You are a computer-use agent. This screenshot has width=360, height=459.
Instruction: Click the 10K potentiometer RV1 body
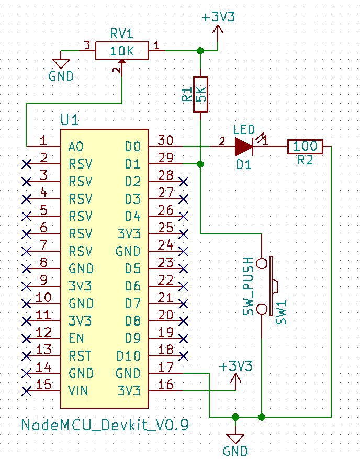122,51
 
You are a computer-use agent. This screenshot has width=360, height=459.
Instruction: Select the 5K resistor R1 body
200,94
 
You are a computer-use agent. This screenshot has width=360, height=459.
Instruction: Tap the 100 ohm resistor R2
305,147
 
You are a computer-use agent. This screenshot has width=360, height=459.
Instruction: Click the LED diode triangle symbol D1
244,147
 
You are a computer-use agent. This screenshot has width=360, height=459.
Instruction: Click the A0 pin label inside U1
76,147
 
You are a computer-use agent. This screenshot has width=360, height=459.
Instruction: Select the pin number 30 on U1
165,140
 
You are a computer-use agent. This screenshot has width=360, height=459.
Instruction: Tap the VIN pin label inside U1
78,391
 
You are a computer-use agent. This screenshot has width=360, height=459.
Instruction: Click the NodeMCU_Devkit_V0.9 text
105,424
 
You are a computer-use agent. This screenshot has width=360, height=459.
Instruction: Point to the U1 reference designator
70,120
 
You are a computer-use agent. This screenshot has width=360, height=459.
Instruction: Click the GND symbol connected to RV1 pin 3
61,63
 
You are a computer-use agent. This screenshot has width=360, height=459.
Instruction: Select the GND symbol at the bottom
235,439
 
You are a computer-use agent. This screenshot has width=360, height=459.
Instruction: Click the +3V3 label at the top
218,17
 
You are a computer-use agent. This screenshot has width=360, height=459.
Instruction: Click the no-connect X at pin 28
183,182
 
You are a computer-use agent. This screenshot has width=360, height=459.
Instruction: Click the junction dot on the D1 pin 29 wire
200,164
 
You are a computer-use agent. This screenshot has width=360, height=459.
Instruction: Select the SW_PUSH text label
249,286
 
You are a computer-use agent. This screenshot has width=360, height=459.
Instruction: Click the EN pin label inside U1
76,339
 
